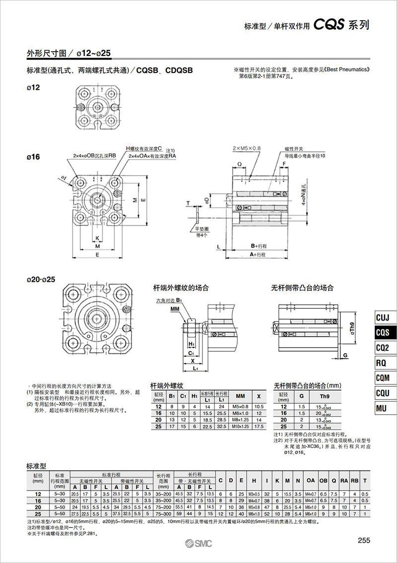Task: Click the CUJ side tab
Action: tap(383, 317)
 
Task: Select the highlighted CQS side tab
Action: tap(383, 332)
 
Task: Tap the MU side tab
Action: tap(383, 408)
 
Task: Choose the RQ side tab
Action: tap(383, 363)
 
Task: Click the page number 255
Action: tap(364, 541)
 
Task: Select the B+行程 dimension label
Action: tap(259, 246)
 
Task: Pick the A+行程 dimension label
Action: tap(258, 254)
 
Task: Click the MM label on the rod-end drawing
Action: tap(174, 309)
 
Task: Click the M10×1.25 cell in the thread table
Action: tap(240, 426)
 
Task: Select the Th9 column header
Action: tap(324, 396)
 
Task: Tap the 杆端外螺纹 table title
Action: tap(167, 385)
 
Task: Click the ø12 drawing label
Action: tap(33, 87)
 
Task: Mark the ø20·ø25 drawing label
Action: tap(40, 279)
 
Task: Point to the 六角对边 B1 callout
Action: tap(169, 301)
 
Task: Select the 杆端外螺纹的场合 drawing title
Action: tap(180, 288)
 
